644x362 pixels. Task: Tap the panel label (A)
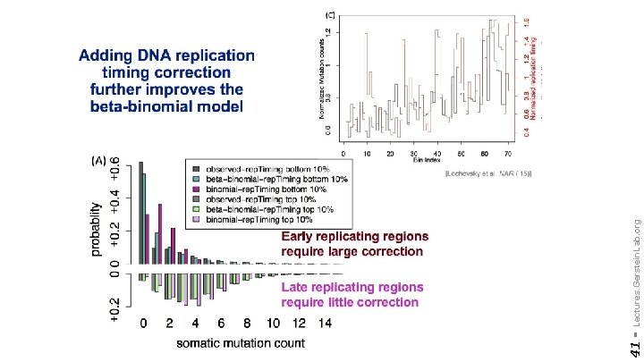pyautogui.click(x=104, y=160)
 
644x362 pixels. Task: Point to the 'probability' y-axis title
pyautogui.click(x=96, y=228)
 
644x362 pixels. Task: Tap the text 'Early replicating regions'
pyautogui.click(x=354, y=237)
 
